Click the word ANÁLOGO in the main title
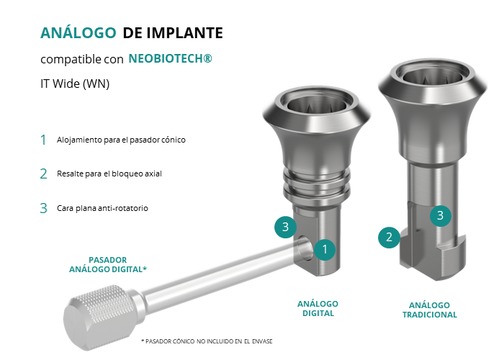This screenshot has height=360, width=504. (78, 32)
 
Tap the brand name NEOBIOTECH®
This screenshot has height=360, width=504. (171, 58)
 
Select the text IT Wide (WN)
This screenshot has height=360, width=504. (75, 84)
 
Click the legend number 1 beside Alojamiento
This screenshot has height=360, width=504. (43, 140)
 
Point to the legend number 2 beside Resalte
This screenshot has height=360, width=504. (43, 174)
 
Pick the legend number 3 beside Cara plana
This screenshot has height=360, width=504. (43, 208)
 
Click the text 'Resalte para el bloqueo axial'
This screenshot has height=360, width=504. (109, 174)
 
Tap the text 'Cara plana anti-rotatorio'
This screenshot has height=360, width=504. (102, 208)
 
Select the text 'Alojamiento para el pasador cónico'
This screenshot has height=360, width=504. (121, 140)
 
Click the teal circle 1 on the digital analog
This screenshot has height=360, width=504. (325, 249)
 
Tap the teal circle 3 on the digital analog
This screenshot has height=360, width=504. (285, 227)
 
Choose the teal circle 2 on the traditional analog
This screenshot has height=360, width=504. (389, 237)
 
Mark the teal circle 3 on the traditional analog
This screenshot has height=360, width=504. (441, 215)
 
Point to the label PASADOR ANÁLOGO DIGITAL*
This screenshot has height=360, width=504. (108, 264)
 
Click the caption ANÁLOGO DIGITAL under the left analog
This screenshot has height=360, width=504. (318, 309)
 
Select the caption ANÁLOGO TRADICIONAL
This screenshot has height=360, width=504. (429, 310)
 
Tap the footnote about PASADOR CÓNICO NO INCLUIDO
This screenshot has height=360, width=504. (207, 341)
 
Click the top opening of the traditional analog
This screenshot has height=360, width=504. (433, 75)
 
